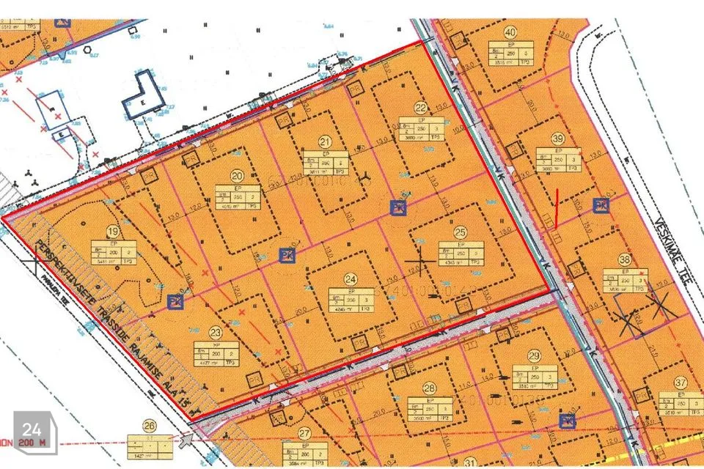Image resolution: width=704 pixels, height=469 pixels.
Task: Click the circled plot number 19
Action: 112,229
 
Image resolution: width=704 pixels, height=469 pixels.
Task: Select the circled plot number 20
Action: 236,176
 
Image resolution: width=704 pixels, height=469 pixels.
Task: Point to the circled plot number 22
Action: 420,106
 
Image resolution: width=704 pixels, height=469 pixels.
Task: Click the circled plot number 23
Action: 216,331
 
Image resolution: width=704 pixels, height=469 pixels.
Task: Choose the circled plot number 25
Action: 460,232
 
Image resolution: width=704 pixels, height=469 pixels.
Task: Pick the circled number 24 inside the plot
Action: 351,279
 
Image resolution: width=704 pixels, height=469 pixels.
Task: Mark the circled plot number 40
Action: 510,32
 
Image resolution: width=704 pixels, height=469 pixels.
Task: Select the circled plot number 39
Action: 559,139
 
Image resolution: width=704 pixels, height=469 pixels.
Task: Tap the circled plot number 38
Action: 625,259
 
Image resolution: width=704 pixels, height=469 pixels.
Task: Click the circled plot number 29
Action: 534,355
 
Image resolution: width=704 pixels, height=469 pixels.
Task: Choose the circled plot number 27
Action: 304,432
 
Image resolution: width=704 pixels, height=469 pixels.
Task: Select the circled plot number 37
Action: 681,383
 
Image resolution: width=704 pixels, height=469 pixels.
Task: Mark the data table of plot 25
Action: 461,253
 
